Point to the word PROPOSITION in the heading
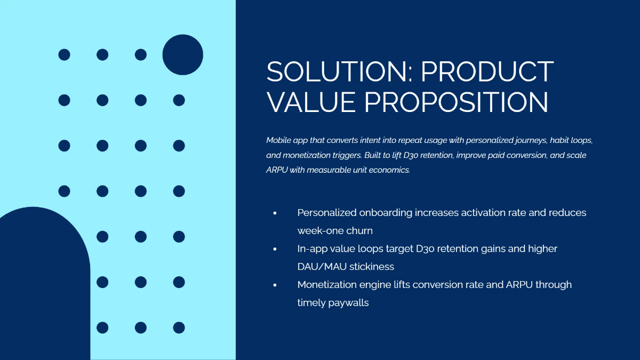pos(457,102)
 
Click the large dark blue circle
pos(183,55)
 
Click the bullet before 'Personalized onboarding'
pos(275,213)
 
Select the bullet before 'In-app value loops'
pos(275,249)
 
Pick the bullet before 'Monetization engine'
pos(275,285)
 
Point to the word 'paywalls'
pos(349,303)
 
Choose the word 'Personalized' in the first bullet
pos(327,213)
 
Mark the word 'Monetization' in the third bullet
pos(327,285)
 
